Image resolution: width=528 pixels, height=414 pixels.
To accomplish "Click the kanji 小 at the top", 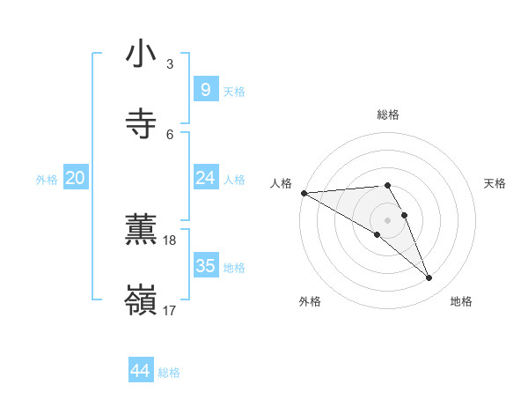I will point(141,55).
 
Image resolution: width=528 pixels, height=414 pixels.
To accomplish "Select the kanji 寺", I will point(141,124).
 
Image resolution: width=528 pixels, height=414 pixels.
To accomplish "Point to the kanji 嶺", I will point(141,300).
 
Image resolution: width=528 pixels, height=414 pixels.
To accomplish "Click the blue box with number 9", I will point(205,89).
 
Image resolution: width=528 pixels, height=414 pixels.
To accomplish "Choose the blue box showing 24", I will point(205,178).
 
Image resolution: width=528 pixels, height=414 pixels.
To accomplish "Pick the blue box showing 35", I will point(205,265).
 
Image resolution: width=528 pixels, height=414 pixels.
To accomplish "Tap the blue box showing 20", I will point(75,178).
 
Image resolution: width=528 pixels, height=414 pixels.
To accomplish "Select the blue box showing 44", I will point(140,371).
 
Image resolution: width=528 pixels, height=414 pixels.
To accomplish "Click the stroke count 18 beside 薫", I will point(170,240).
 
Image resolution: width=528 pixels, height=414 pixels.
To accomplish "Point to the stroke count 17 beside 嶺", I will point(170,310).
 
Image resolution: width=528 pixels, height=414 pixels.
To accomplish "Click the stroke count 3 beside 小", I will point(170,64).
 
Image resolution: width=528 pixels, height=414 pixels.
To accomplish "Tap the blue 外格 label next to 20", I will point(47,179).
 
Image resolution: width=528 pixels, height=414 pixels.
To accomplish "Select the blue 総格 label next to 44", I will point(169,373).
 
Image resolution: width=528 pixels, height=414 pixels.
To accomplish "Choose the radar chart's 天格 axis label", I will point(495,183).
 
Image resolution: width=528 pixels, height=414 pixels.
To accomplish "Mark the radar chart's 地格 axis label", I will point(461,301).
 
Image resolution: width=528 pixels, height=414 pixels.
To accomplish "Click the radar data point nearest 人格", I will point(304,193).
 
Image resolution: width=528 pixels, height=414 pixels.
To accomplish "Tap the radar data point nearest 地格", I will point(429,278).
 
